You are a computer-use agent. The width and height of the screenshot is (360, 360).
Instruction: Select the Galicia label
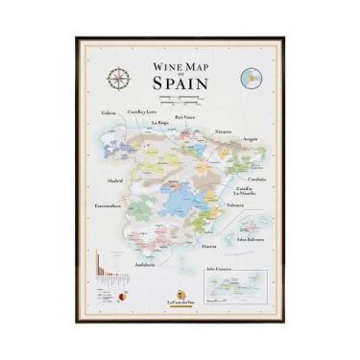tap(111, 112)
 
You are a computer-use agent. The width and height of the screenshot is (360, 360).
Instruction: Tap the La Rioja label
tap(159, 123)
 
